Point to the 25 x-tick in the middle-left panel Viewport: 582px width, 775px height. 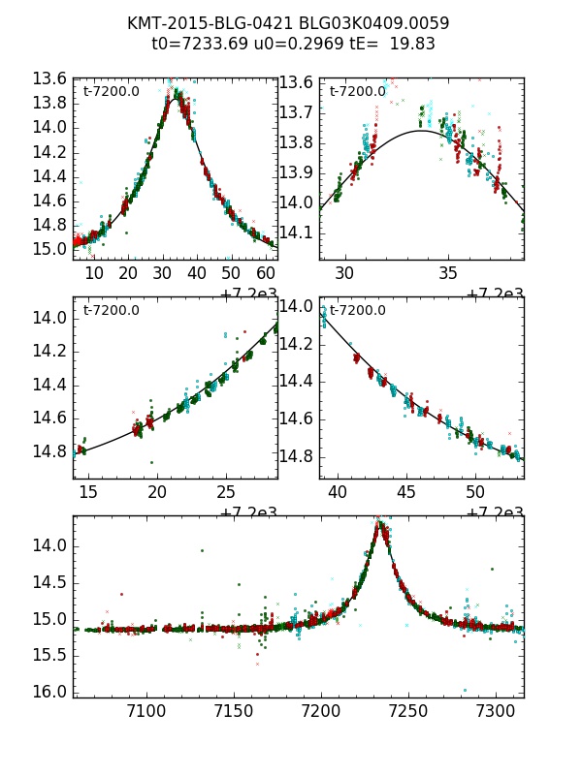(225, 492)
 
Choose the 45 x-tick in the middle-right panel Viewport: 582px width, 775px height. (406, 492)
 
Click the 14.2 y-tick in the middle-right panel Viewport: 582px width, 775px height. (297, 344)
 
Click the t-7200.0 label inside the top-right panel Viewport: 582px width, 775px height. (357, 92)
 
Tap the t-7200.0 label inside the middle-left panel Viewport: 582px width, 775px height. (112, 310)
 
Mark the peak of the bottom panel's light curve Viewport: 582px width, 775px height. (380, 523)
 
